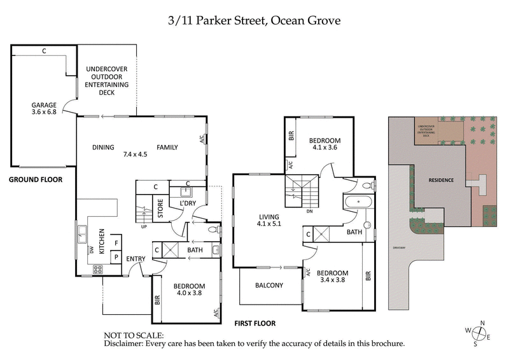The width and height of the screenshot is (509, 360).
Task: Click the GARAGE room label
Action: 45,105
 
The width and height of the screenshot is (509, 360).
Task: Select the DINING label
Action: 103,147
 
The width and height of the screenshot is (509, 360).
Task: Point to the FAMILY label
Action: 167,147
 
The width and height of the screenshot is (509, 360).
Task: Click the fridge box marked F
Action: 116,242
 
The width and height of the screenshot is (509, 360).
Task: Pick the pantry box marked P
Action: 116,257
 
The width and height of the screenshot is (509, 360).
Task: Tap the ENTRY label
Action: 136,258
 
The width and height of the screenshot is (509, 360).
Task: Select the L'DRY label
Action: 187,202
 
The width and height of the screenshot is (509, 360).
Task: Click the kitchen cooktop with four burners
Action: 98,269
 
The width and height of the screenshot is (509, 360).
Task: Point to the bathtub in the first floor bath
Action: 359,203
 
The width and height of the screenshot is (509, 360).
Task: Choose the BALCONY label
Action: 269,286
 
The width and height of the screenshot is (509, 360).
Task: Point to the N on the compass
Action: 483,322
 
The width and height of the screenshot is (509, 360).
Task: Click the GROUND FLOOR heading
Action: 36,179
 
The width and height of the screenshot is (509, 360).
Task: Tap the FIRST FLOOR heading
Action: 254,323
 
